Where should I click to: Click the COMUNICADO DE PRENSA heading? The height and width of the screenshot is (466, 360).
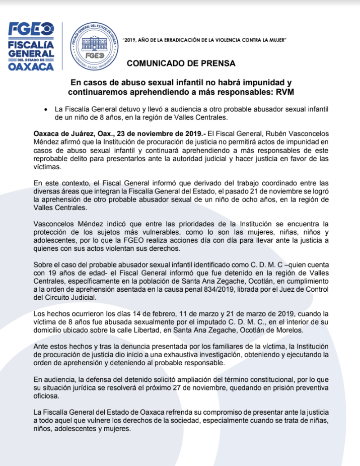click(x=181, y=63)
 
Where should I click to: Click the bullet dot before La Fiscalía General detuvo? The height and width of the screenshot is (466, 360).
click(x=46, y=109)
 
